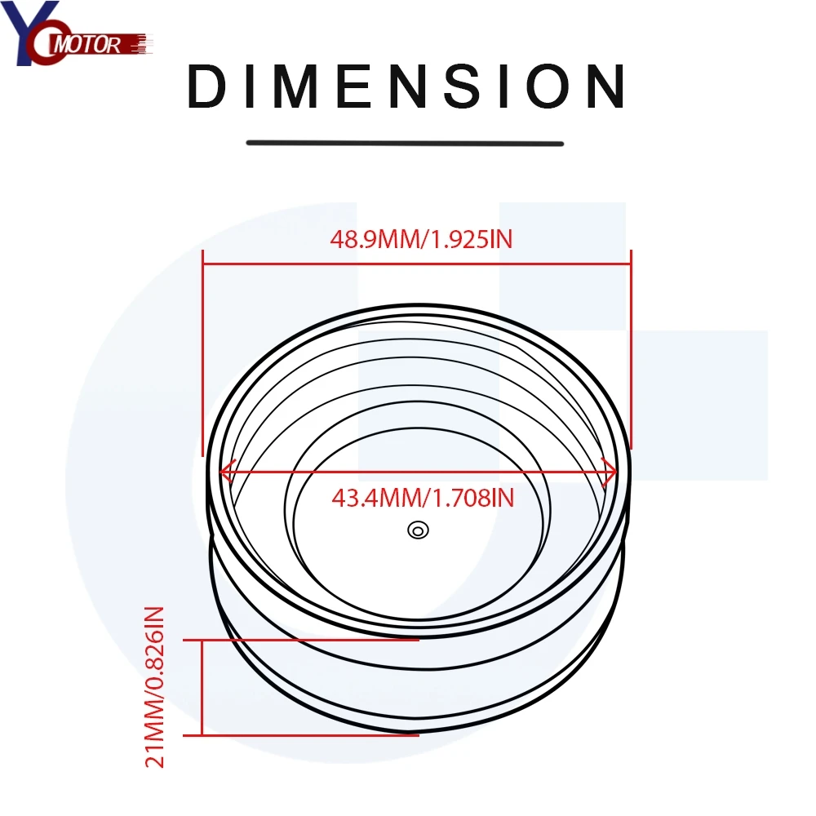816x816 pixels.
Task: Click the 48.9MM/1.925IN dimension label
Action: pyautogui.click(x=420, y=240)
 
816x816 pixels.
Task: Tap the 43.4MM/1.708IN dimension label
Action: pyautogui.click(x=423, y=497)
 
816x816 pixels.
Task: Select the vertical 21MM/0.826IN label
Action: pyautogui.click(x=155, y=687)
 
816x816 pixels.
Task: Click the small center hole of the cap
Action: pyautogui.click(x=417, y=530)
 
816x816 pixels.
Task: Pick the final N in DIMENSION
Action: pyautogui.click(x=605, y=86)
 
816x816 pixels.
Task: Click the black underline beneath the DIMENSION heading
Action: pyautogui.click(x=406, y=144)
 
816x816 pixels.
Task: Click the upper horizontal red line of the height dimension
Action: pyautogui.click(x=310, y=641)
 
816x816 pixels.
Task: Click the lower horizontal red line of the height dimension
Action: pyautogui.click(x=310, y=735)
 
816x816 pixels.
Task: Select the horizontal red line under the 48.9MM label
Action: pyautogui.click(x=417, y=263)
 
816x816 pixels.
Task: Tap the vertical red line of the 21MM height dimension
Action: pyautogui.click(x=202, y=688)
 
